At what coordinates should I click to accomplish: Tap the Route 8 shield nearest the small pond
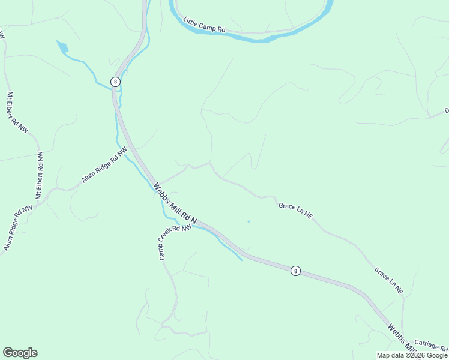[x=115, y=82]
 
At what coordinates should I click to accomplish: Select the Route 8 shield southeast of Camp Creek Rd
[x=295, y=271]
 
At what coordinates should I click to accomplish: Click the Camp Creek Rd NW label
[x=174, y=242]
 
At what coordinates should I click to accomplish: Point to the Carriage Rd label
[x=431, y=349]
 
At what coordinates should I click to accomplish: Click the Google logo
[x=20, y=353]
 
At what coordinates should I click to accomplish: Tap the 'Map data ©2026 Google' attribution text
[x=412, y=355]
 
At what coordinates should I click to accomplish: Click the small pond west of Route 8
[x=62, y=46]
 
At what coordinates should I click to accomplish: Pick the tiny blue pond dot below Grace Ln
[x=248, y=221]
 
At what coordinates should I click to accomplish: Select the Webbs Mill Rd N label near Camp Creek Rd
[x=175, y=204]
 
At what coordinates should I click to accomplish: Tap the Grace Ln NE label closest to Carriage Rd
[x=389, y=280]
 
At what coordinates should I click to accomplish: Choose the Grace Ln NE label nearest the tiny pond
[x=295, y=209]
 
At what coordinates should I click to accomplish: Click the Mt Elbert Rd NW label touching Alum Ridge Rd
[x=40, y=175]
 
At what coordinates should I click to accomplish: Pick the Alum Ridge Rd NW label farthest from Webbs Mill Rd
[x=17, y=228]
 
